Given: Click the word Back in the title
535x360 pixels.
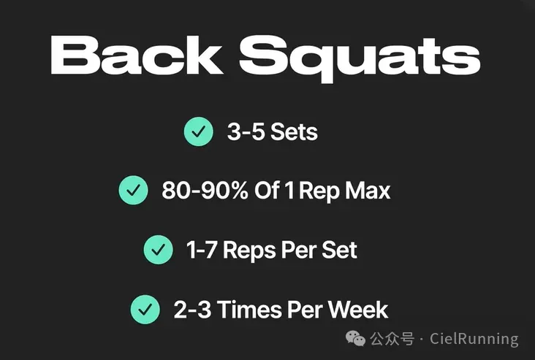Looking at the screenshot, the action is [137, 55].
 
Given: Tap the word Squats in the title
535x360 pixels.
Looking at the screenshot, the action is [360, 58].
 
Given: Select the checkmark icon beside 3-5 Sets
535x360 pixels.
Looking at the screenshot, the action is [199, 131].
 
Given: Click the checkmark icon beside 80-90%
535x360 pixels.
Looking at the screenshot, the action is [134, 191].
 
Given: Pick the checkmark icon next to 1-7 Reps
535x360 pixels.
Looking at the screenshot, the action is [159, 250].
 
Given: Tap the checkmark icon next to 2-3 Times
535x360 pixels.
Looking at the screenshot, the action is [145, 310].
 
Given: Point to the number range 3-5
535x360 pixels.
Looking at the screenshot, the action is [246, 131].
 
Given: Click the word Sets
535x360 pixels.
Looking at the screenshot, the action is [294, 131].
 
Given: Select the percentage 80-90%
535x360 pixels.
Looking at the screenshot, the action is [205, 191].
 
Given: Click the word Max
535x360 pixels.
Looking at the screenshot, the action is [368, 191].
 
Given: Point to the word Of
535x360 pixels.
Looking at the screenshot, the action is [267, 191].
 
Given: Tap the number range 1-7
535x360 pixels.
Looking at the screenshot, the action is [202, 250].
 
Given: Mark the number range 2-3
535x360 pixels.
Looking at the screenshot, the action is [192, 310].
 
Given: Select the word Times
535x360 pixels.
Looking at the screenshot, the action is [249, 310].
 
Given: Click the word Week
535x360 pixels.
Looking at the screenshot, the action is [358, 310].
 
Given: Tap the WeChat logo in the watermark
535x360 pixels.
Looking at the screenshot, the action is [355, 339].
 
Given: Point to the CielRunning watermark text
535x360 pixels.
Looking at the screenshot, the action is [474, 339].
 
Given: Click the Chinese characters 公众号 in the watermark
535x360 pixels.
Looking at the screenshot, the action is [392, 339].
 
